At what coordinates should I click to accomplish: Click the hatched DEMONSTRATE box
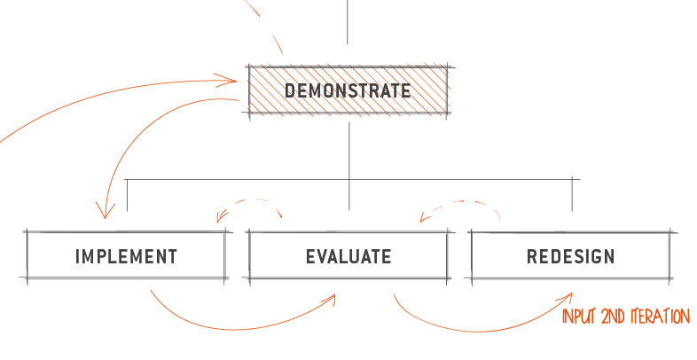point(348,90)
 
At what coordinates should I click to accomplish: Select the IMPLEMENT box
point(126,255)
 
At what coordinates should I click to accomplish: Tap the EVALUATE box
point(348,255)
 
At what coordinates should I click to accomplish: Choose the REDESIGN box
point(571,255)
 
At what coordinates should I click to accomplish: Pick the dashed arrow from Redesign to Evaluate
point(462,201)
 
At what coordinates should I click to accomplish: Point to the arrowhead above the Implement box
point(105,212)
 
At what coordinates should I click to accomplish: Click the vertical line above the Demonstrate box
point(348,22)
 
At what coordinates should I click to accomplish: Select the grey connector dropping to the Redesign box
point(572,194)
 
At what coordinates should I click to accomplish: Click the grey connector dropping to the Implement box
point(127,195)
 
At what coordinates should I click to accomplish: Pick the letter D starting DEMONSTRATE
point(289,90)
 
